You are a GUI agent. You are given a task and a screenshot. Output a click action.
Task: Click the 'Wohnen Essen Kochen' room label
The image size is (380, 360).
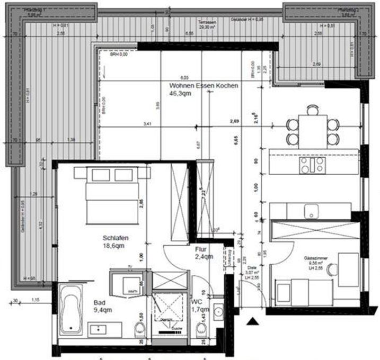[x=204, y=86]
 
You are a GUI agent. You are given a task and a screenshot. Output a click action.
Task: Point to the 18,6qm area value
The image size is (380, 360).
[x=113, y=246]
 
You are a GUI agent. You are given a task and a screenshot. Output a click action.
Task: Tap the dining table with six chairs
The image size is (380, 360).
[x=313, y=126]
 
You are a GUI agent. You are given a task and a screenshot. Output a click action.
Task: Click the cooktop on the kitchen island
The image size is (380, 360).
[x=313, y=164]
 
